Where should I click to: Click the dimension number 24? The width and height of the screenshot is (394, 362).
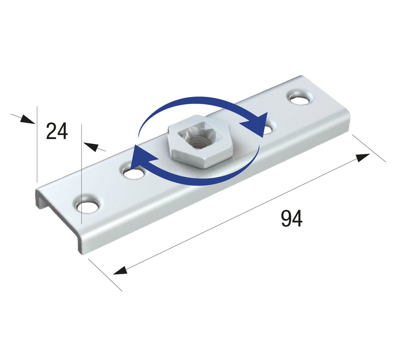click(x=57, y=132)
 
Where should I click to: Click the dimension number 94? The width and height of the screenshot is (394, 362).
click(x=292, y=219)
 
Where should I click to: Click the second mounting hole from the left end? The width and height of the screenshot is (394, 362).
click(x=133, y=173)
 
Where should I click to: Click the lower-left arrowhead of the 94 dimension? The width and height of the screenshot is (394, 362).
click(x=120, y=271)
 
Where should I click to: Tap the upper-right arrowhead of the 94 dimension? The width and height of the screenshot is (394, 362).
click(x=363, y=158)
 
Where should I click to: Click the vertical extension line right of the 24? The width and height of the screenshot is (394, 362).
click(x=82, y=173)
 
